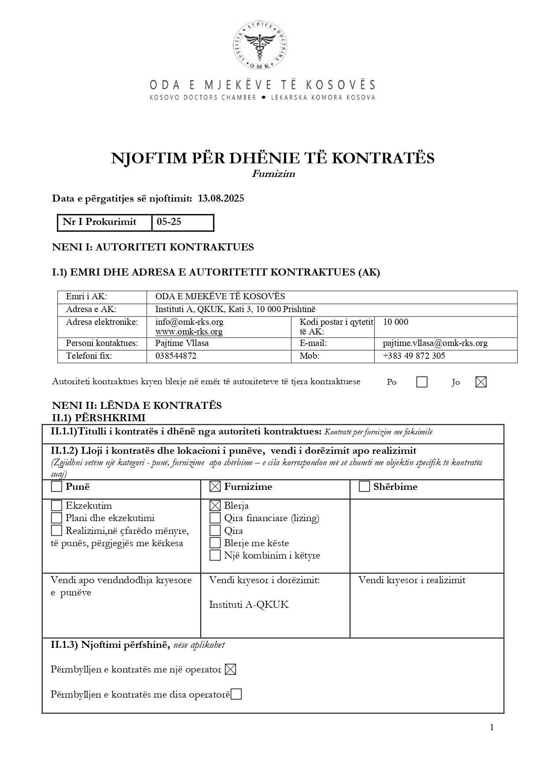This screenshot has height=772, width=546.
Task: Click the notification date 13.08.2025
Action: coord(221,199)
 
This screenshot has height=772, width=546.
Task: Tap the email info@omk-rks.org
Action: coord(189,322)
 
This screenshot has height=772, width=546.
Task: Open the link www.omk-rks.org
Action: coord(189,332)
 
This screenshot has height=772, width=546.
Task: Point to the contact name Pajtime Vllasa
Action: coord(182,343)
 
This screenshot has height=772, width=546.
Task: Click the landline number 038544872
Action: coord(176,356)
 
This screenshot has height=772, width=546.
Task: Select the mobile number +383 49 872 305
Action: coord(414,356)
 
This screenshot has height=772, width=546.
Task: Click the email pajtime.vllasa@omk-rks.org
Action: coord(435,343)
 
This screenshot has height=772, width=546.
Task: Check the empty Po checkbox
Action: coord(422,382)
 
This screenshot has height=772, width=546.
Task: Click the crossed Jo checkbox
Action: coord(481,382)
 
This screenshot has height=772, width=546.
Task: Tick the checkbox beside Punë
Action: coord(56,487)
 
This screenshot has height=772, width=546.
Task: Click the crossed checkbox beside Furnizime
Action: coord(215,487)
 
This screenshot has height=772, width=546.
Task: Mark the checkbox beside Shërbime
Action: coord(364,487)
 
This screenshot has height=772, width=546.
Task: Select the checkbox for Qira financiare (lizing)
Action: coord(215,518)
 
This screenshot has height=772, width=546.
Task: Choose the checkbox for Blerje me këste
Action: coord(215,543)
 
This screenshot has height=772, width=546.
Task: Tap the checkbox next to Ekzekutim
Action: coord(56,506)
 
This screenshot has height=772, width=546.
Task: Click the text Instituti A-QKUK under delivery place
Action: coord(249,605)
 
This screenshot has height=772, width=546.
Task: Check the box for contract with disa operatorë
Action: coord(236,695)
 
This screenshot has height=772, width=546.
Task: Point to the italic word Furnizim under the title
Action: coord(273,174)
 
